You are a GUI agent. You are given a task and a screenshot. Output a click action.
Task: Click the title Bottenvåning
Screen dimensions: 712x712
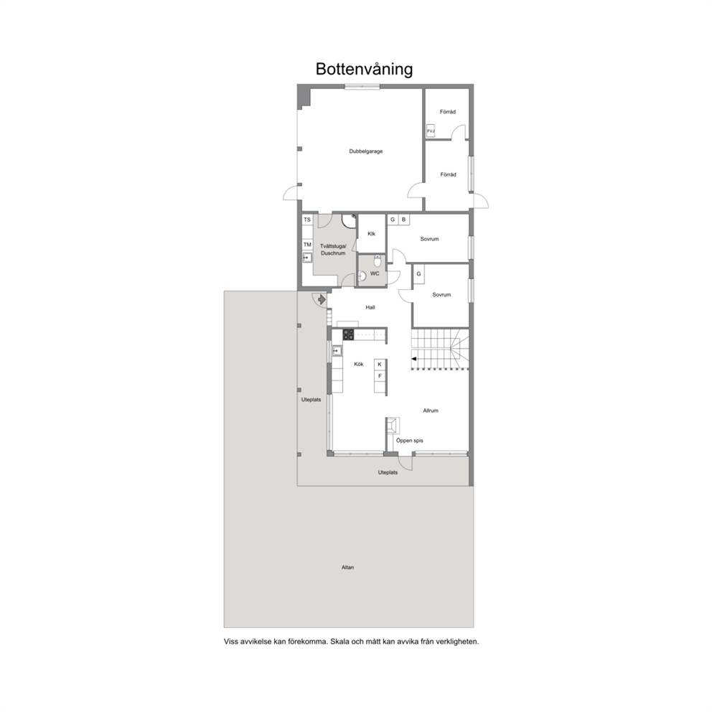pos(364,70)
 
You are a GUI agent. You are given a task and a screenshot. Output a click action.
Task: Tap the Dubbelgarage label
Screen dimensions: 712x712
pos(366,151)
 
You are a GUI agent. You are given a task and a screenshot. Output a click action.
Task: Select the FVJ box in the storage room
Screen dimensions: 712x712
pos(431,131)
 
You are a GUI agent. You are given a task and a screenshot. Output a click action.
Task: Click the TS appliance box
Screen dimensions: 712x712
pos(307,220)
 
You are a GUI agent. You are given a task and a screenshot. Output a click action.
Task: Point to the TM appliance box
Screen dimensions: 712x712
pos(307,245)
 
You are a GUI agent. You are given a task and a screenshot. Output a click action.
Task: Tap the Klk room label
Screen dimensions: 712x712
pos(372,234)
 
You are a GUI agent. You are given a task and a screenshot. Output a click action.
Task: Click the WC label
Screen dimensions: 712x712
pos(375,273)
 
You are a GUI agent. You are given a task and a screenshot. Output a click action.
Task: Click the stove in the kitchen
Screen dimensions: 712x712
pos(348,334)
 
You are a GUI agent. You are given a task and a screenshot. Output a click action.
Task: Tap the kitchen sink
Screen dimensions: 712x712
pos(337,350)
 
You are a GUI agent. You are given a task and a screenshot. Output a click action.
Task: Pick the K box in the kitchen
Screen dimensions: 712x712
pos(380,364)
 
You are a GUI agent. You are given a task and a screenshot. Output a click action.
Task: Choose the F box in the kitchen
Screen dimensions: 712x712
pos(380,376)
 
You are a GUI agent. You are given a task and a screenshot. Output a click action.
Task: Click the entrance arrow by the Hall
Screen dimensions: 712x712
pos(322,300)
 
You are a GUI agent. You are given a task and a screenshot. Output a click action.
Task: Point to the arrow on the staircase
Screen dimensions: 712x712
pos(414,359)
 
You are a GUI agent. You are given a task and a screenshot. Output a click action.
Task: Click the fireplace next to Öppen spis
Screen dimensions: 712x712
pos(393,426)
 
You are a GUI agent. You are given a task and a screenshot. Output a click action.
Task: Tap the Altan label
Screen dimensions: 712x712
pos(347,567)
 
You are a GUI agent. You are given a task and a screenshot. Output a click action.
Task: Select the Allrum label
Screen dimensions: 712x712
pos(431,411)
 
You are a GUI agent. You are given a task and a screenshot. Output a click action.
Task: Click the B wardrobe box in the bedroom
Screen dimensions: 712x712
pos(403,220)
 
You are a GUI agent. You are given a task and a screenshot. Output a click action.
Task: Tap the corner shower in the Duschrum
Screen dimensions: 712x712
pos(349,220)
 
